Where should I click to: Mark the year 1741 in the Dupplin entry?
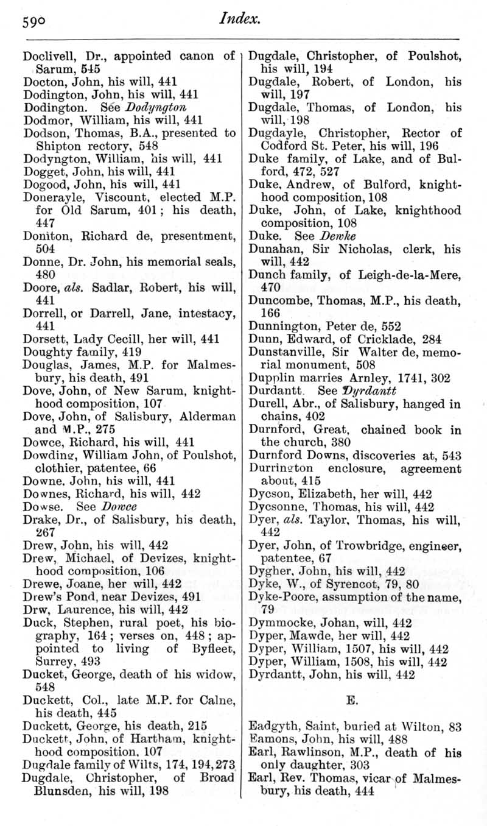click(393, 377)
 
